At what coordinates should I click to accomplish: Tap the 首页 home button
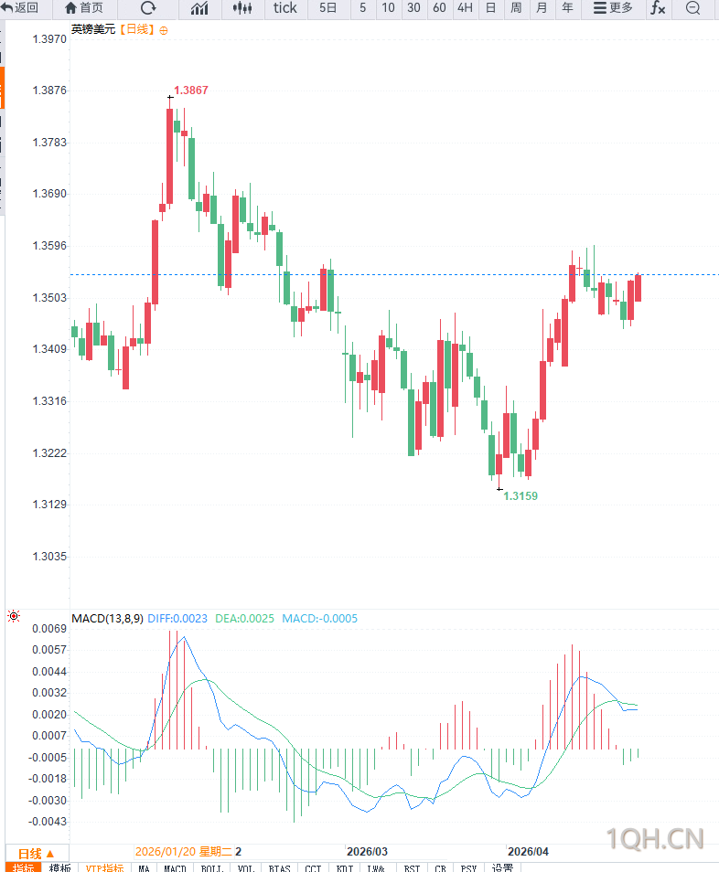[84, 8]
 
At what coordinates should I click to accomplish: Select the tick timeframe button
[285, 8]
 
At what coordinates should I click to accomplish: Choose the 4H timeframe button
[465, 8]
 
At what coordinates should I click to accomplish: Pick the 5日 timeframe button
[328, 8]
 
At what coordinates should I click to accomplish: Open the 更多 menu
[613, 8]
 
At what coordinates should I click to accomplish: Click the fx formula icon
[658, 8]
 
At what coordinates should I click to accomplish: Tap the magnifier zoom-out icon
[692, 8]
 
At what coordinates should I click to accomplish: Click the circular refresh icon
[148, 8]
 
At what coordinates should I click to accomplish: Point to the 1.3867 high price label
[191, 90]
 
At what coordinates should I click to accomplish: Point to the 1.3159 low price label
[520, 496]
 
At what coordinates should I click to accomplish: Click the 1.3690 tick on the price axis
[49, 195]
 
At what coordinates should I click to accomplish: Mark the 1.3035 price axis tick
[49, 557]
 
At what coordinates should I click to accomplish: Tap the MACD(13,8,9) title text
[107, 619]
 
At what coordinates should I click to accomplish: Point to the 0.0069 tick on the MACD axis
[49, 629]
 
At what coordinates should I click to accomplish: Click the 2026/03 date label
[368, 851]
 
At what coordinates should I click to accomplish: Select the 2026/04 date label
[529, 851]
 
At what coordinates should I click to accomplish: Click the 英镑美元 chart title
[93, 29]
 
